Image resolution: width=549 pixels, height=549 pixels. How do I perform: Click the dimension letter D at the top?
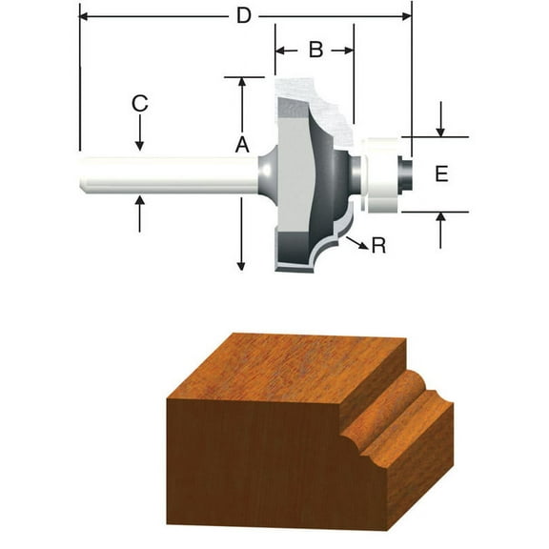tap(244, 16)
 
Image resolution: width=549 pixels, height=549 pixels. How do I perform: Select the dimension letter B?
tap(315, 50)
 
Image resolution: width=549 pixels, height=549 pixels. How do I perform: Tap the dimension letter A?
tap(242, 144)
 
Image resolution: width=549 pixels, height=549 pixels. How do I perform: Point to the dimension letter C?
tap(139, 104)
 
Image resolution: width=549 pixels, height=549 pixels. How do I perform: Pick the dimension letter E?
tap(441, 173)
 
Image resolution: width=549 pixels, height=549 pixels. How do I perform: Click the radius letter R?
tap(377, 246)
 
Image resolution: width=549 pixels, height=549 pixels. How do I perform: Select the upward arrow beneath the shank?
tap(139, 212)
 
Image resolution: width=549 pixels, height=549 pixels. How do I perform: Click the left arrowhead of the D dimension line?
tap(86, 16)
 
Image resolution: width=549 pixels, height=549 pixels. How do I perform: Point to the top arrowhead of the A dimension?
tap(242, 83)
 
